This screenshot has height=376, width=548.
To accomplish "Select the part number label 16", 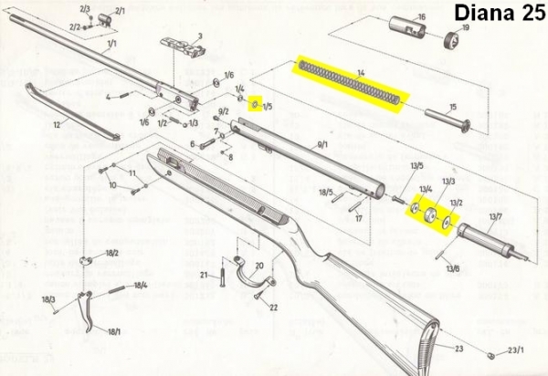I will pyautogui.click(x=421, y=16).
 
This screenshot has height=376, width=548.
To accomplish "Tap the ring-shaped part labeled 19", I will pyautogui.click(x=449, y=41).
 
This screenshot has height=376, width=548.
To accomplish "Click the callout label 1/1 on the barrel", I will pyautogui.click(x=111, y=43).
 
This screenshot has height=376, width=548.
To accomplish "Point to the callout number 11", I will pyautogui.click(x=132, y=172).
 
